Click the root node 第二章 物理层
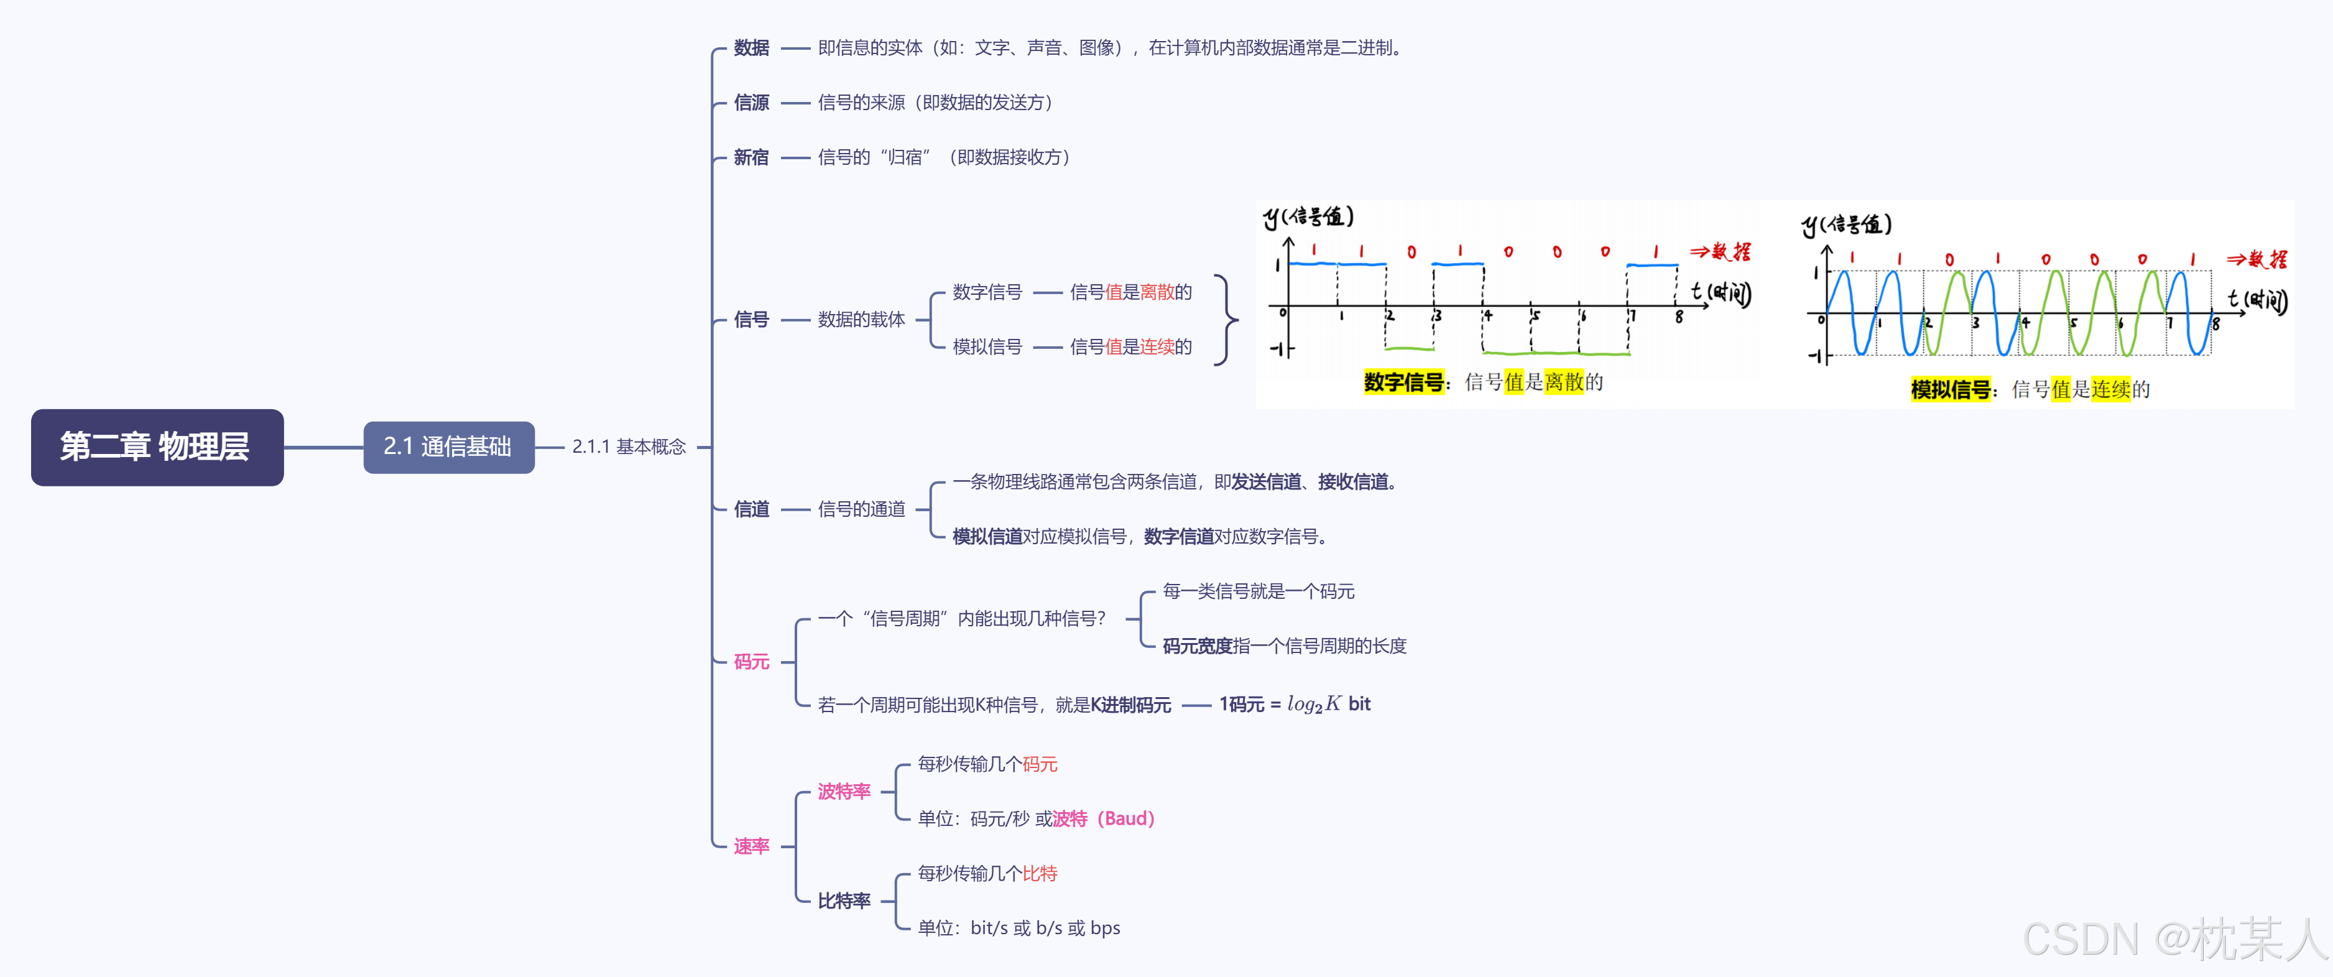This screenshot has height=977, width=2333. pos(157,447)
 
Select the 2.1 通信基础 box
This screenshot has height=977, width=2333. pos(448,447)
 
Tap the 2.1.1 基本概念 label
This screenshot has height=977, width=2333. pos(629,447)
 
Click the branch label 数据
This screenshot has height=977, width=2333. pos(751,48)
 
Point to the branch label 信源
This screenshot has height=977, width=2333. pos(751,103)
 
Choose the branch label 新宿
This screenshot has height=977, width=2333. pos(751,157)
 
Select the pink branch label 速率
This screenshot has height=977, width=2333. pos(751,846)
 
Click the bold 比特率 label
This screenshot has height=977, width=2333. pos(843,901)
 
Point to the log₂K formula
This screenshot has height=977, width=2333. pos(1313,705)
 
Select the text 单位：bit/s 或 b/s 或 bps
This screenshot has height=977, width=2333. pos(1019,928)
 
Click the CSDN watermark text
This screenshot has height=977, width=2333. pos(2174,940)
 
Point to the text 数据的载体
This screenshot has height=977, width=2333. pos(861,320)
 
